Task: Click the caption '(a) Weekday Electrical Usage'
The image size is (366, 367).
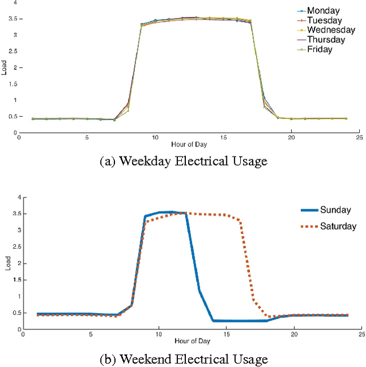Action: [183, 162]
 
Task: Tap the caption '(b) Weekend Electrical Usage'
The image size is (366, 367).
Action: [183, 359]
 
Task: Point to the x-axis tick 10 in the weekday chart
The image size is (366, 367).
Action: [154, 138]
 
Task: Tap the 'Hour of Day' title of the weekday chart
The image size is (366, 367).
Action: [189, 145]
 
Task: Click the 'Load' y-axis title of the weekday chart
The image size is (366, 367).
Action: [6, 68]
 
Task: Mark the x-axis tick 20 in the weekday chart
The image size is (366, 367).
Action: [291, 138]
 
